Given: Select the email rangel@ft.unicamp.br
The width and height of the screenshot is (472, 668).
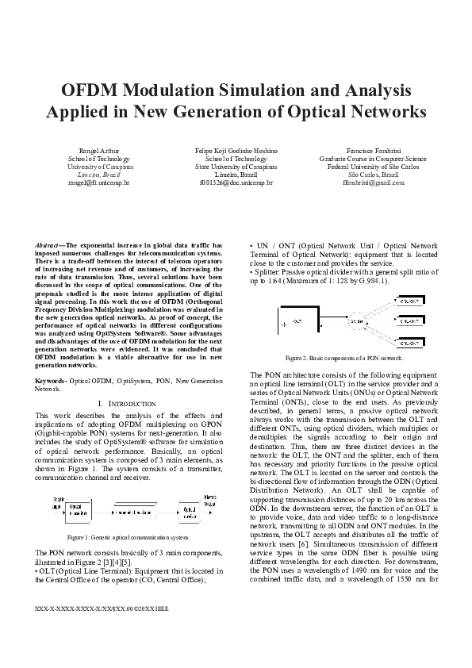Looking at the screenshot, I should pyautogui.click(x=98, y=182).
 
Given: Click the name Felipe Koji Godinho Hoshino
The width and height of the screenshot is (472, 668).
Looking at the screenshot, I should pyautogui.click(x=236, y=151).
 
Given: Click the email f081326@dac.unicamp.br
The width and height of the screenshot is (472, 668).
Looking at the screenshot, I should pyautogui.click(x=236, y=182).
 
